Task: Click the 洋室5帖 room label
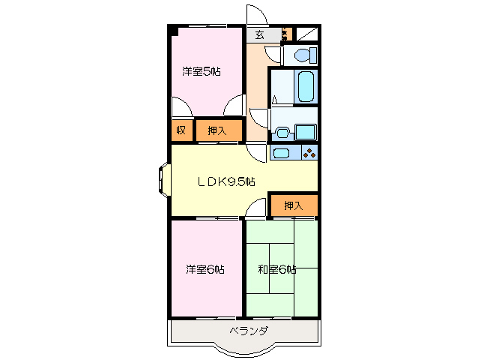click(201, 72)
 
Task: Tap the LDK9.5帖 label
click(226, 181)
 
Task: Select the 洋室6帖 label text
click(205, 269)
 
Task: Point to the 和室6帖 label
click(276, 269)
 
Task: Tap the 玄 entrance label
click(259, 34)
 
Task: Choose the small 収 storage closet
click(181, 130)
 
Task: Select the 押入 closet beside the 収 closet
click(218, 130)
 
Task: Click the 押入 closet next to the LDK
click(294, 205)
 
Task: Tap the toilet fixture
click(303, 55)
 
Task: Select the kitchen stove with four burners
click(309, 153)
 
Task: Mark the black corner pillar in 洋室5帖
click(173, 31)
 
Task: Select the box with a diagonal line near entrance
click(306, 34)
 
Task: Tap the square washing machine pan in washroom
click(304, 132)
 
